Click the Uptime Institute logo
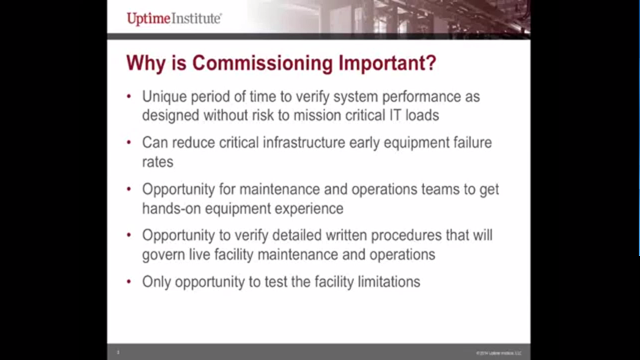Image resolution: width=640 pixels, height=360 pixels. coord(174,18)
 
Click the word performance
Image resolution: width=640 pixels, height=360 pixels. coord(435,97)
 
